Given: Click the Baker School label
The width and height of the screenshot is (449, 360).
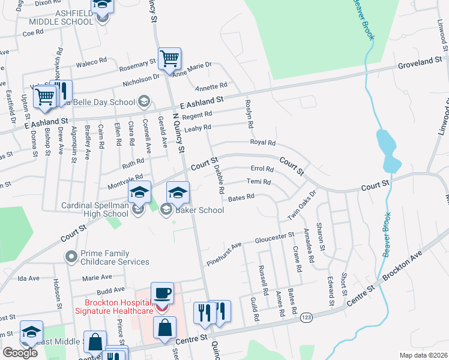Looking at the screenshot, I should pos(199,210).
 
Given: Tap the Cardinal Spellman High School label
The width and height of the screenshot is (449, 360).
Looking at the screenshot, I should pos(95,209).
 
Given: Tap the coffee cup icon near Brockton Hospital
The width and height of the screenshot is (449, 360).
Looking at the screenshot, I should pos(162,293).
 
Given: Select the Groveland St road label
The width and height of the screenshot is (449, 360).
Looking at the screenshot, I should pos(420,62).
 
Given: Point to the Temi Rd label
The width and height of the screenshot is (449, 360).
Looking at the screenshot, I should pos(259,182).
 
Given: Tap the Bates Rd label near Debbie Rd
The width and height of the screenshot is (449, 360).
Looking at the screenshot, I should pos(241,196).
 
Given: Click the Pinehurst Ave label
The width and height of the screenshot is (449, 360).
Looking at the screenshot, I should pos(224,245).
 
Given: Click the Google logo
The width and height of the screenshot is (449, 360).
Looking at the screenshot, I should pos(20,353).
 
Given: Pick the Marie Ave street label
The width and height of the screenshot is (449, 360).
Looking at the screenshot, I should pos(97,277).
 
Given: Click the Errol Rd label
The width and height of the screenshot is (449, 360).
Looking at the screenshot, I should pos(262,169).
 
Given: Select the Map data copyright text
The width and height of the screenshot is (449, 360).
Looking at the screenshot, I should pos(423,355).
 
